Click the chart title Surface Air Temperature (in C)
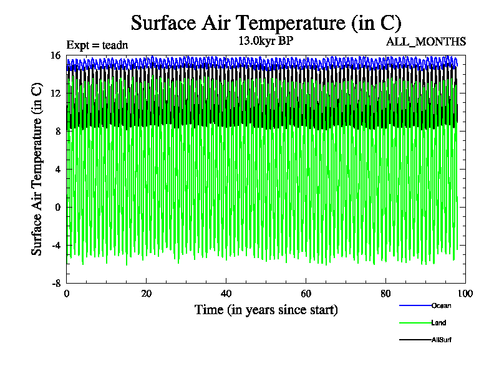pyautogui.click(x=266, y=23)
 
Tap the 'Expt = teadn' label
pyautogui.click(x=97, y=44)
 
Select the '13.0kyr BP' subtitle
pyautogui.click(x=266, y=41)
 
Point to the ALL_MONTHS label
pyautogui.click(x=426, y=42)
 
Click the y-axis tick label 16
pyautogui.click(x=55, y=55)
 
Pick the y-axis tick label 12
pyautogui.click(x=55, y=93)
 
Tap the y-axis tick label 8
pyautogui.click(x=57, y=132)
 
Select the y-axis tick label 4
pyautogui.click(x=57, y=170)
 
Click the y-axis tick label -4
pyautogui.click(x=56, y=245)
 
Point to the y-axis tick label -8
pyautogui.click(x=56, y=283)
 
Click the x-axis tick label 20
pyautogui.click(x=147, y=294)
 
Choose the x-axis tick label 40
pyautogui.click(x=226, y=294)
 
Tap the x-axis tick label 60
pyautogui.click(x=306, y=294)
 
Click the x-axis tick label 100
pyautogui.click(x=465, y=294)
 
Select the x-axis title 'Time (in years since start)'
pyautogui.click(x=266, y=309)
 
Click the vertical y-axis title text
pyautogui.click(x=37, y=169)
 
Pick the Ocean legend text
pyautogui.click(x=441, y=305)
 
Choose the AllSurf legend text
pyautogui.click(x=441, y=340)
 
